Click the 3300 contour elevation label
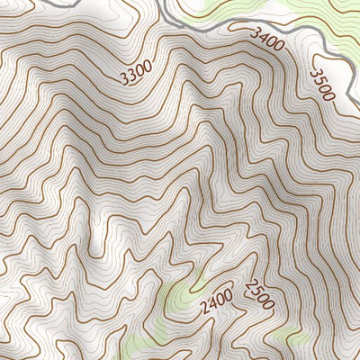click(135, 73)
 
